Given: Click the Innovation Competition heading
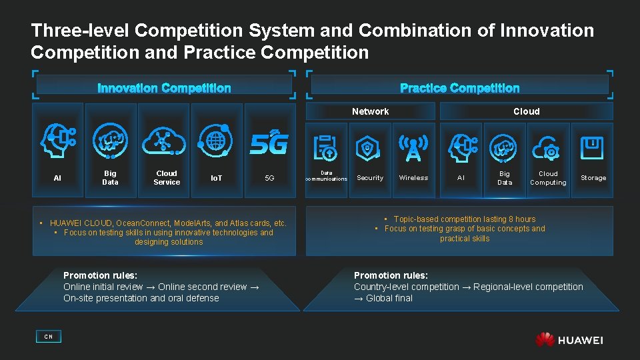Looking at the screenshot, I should click(164, 88).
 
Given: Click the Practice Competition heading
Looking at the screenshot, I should click(459, 88).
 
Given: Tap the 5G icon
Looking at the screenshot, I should click(269, 143).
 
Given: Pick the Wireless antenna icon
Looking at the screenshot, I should click(413, 148).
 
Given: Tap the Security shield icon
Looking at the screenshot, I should click(369, 148).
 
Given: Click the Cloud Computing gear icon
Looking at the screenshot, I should click(548, 148).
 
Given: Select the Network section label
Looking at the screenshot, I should click(370, 111).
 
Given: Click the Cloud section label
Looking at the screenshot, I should click(526, 111).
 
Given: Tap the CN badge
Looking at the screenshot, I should click(48, 337).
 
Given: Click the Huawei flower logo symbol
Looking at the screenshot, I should click(545, 339).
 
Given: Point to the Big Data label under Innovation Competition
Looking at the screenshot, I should click(110, 177).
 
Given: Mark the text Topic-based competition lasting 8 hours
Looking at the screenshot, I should click(465, 219).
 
